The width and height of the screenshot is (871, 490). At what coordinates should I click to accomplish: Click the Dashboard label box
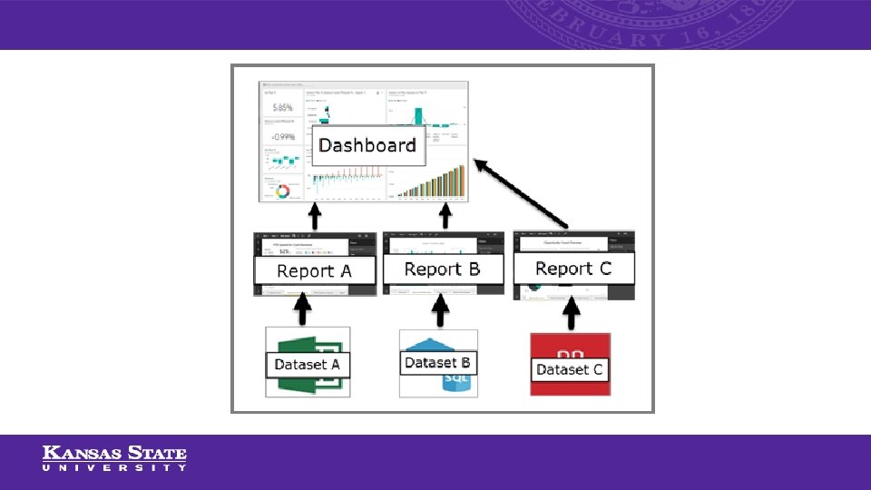coord(367,145)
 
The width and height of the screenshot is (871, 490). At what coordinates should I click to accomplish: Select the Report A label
coord(314,270)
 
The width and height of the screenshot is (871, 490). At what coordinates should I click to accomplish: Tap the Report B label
coord(442,269)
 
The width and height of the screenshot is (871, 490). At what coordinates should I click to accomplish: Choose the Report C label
coord(573,268)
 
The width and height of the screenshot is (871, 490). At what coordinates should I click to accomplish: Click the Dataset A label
coord(308,365)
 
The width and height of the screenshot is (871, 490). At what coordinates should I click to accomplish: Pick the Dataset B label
coord(437,362)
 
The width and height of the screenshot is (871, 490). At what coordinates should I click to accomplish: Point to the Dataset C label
coord(569,369)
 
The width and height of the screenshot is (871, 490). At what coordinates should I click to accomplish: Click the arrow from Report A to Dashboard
coord(315,217)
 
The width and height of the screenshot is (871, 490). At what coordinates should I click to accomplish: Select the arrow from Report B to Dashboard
coord(445,217)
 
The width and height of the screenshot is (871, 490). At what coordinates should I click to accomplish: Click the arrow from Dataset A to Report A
coord(303,311)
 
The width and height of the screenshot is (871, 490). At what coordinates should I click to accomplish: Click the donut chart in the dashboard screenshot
coord(282,191)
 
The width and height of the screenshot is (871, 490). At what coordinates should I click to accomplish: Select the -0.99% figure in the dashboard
coord(282,138)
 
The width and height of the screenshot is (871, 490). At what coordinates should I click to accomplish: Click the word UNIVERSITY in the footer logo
coord(114,468)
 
